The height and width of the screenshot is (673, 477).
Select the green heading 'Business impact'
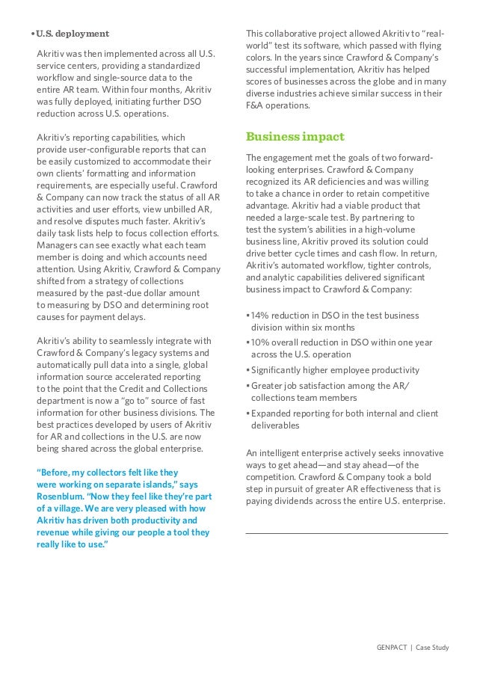coord(295,137)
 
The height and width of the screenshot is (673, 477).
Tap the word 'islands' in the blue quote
coord(146,485)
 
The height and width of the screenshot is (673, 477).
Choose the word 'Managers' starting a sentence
coord(57,244)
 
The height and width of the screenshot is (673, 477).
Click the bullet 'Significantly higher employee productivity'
coord(335,370)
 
